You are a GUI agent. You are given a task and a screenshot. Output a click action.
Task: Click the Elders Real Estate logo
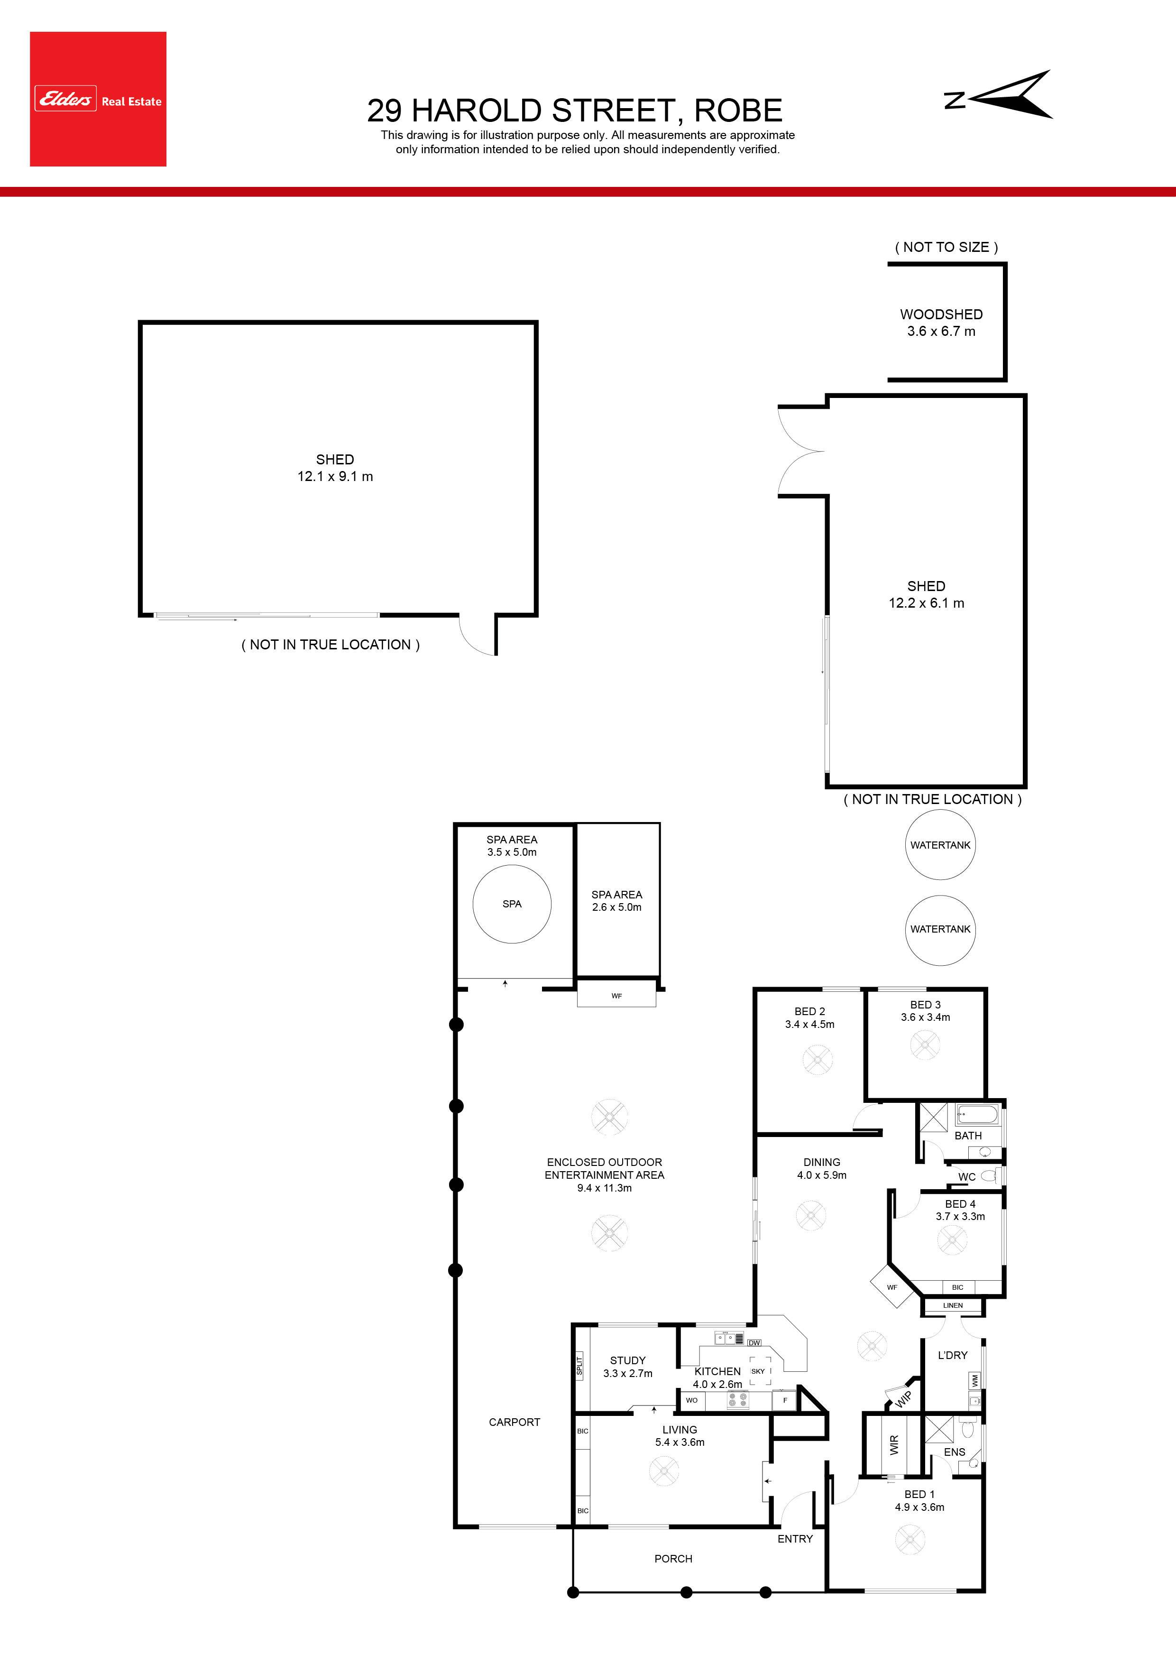pyautogui.click(x=98, y=99)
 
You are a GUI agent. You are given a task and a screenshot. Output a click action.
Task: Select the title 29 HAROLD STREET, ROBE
pyautogui.click(x=575, y=110)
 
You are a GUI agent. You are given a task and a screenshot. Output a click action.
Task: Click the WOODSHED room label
pyautogui.click(x=941, y=314)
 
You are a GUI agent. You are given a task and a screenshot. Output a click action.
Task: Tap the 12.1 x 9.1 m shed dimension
pyautogui.click(x=335, y=476)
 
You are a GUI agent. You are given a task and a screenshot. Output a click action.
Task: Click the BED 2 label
pyautogui.click(x=809, y=1011)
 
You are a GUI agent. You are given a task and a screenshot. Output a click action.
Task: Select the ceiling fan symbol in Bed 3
pyautogui.click(x=925, y=1045)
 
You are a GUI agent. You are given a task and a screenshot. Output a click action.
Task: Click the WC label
pyautogui.click(x=966, y=1177)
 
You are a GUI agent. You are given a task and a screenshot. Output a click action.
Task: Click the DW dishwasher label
pyautogui.click(x=754, y=1343)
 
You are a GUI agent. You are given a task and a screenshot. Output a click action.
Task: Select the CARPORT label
pyautogui.click(x=514, y=1422)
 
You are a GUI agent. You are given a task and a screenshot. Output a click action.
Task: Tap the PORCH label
pyautogui.click(x=673, y=1558)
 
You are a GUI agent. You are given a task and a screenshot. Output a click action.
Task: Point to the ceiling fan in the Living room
pyautogui.click(x=664, y=1470)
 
